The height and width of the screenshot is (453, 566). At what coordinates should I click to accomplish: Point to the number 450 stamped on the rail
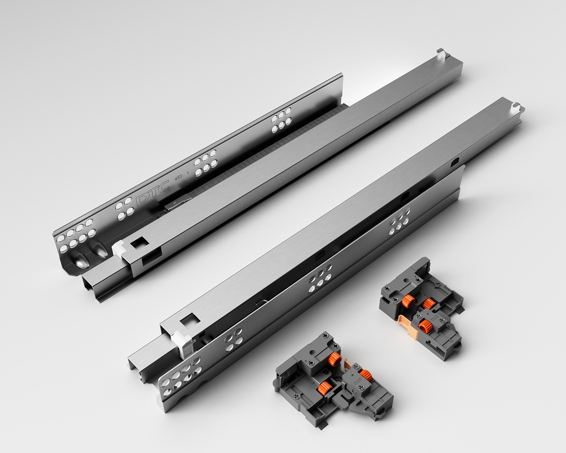[179, 177]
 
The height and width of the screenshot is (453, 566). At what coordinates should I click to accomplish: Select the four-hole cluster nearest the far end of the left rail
[281, 120]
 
